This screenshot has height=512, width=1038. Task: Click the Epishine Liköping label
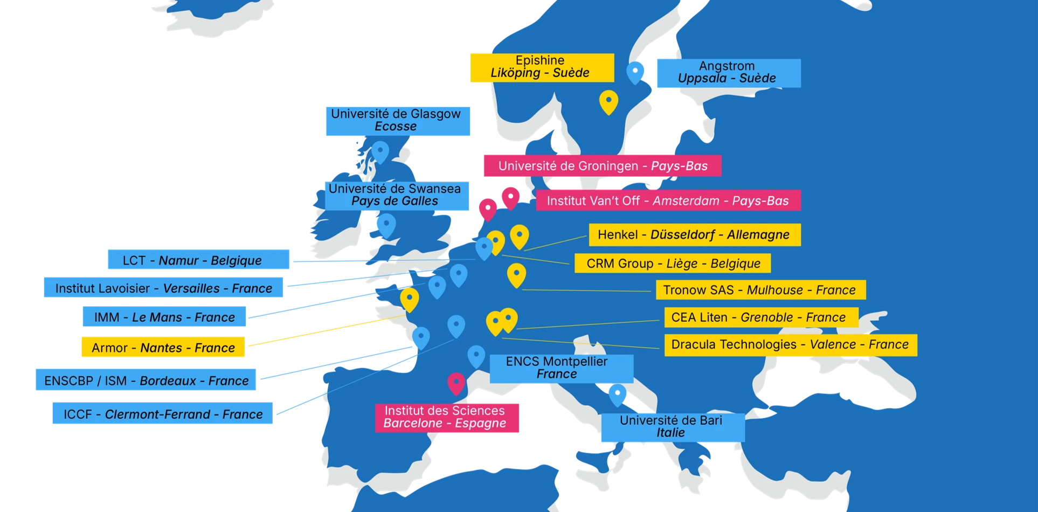click(542, 67)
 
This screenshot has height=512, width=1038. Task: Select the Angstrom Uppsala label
click(728, 73)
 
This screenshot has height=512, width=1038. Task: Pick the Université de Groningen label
click(602, 166)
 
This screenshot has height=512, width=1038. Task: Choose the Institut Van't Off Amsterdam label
click(668, 201)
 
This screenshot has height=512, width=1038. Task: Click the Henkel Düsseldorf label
click(694, 235)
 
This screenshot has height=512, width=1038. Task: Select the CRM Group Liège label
click(673, 264)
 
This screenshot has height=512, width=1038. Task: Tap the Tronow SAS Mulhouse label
click(760, 290)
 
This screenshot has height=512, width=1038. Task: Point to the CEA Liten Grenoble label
click(760, 317)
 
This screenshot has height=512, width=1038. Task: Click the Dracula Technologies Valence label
click(790, 345)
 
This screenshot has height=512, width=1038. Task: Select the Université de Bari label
click(672, 427)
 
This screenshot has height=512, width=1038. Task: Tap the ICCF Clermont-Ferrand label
click(163, 414)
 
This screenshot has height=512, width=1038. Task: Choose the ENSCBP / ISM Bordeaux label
click(147, 381)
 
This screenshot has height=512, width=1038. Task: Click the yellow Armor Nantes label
click(163, 348)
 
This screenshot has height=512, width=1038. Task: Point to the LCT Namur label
click(198, 260)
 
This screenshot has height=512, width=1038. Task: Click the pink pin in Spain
click(456, 383)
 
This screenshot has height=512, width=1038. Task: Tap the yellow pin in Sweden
click(608, 101)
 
